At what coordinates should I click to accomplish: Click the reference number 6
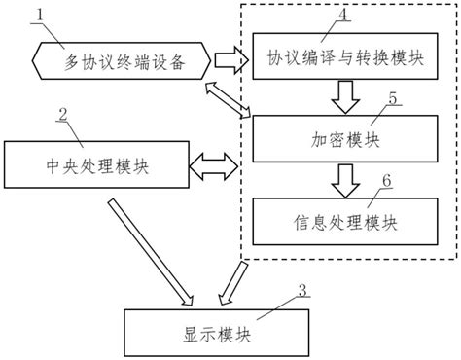[x=386, y=182]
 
